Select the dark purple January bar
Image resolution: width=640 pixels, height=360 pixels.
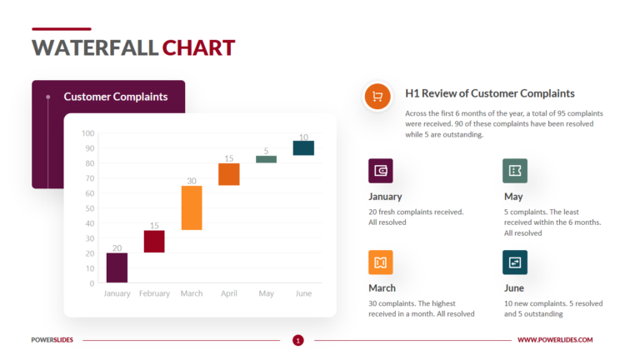pos(117,267)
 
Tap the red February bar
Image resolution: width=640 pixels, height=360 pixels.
pos(154,241)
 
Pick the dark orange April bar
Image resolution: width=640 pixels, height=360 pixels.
pos(229,174)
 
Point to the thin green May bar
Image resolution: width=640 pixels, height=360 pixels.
pos(266,159)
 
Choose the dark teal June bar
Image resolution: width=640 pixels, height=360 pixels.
pos(303,148)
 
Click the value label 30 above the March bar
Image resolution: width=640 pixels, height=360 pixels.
pos(192,181)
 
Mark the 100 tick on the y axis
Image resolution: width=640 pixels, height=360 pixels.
pos(88,133)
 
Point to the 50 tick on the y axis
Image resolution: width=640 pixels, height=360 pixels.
pos(90,208)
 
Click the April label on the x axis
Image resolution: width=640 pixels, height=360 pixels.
pos(229,293)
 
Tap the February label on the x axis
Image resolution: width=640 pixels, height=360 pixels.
pos(154,293)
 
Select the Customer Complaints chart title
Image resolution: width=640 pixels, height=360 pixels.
pos(116,97)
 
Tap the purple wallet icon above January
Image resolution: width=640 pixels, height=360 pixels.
pos(381,171)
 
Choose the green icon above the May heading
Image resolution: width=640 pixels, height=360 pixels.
pos(515,171)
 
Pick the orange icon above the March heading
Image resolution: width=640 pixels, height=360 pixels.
pos(381,262)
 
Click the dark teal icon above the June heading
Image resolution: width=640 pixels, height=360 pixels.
pos(515,262)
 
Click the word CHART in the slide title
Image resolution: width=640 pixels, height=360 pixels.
pos(198,47)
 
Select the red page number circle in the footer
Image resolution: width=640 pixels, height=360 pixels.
pos(298,340)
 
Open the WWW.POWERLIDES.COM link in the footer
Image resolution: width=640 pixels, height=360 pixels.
pos(555,340)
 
